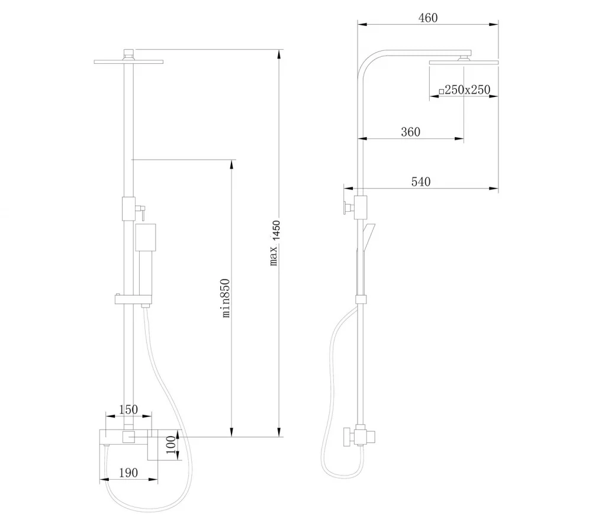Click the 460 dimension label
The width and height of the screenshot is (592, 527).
(428, 18)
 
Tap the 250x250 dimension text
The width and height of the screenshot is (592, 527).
(468, 90)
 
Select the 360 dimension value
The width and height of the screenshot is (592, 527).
(410, 132)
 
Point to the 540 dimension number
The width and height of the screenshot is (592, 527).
(420, 182)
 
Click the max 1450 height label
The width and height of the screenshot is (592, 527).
(275, 243)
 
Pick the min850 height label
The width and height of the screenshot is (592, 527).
(225, 298)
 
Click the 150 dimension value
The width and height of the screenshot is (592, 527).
(128, 409)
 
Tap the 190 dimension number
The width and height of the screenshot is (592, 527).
(128, 473)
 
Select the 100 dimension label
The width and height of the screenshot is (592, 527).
(171, 445)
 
